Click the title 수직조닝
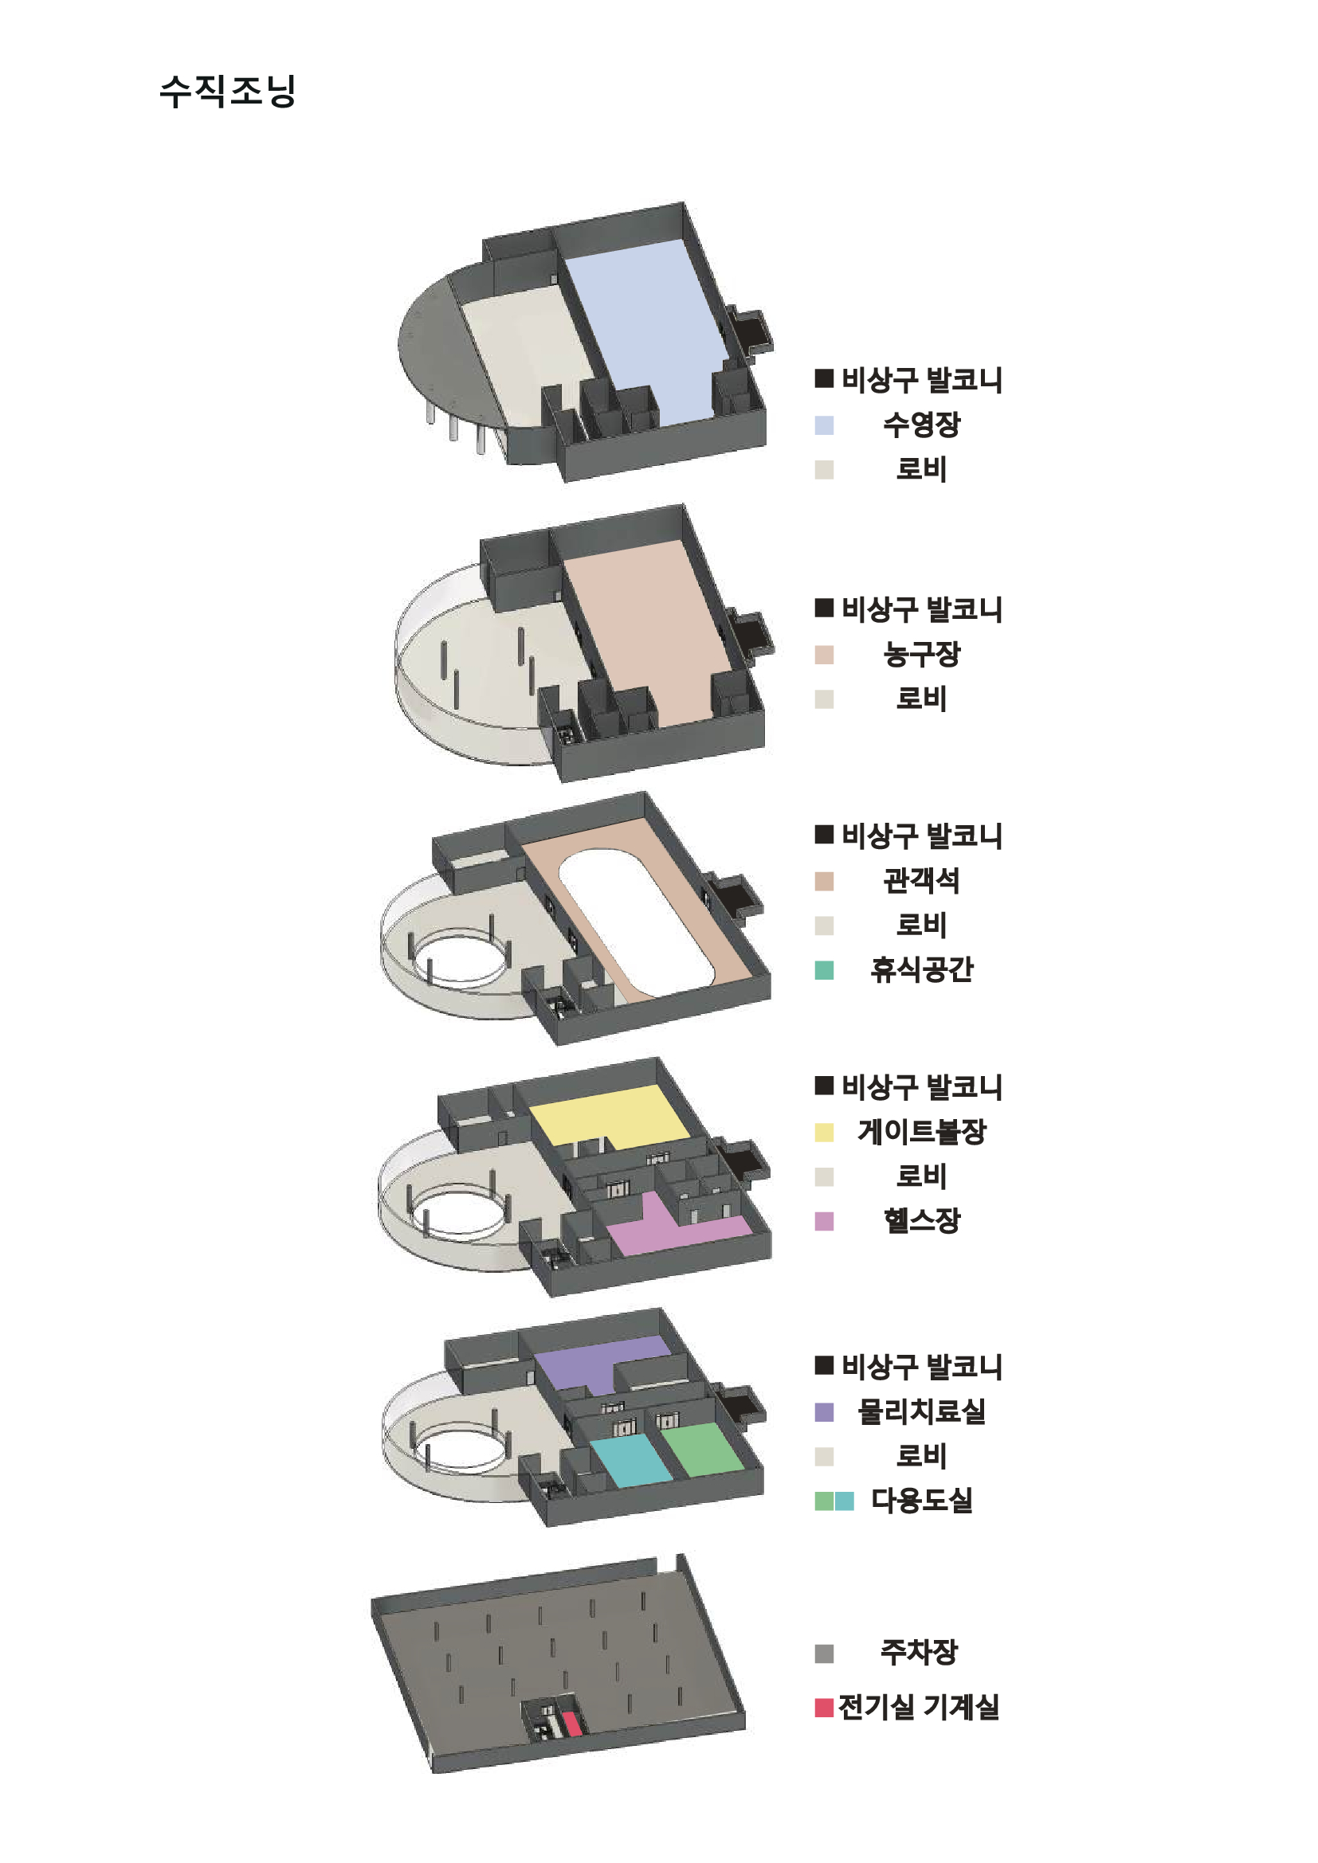[227, 90]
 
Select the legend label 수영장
[921, 425]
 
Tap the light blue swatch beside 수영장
[824, 425]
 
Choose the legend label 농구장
[921, 654]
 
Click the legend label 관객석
[921, 880]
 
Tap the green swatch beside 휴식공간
[824, 969]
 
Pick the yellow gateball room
[610, 1117]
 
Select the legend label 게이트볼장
[921, 1132]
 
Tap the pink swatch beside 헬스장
[824, 1221]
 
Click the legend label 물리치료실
[921, 1412]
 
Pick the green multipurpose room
[703, 1449]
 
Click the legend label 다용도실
[921, 1501]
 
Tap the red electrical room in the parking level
[572, 1723]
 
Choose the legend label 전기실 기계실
[918, 1707]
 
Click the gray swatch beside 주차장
[824, 1654]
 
